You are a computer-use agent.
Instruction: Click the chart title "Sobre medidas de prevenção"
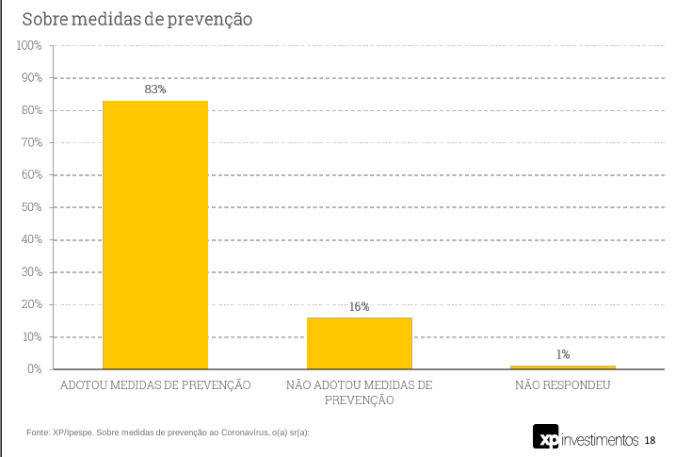pos(137,19)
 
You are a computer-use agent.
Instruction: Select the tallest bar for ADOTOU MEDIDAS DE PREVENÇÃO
pos(155,236)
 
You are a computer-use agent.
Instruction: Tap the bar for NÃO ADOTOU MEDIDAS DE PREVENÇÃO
pos(360,343)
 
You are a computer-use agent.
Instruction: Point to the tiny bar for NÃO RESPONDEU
pos(563,367)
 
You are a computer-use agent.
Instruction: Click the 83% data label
pos(155,90)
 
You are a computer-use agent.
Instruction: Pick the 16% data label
pos(360,306)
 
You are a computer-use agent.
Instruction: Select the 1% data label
pos(563,354)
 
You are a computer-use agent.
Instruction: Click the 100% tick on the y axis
pos(29,45)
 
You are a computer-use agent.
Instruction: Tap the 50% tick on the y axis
pos(31,207)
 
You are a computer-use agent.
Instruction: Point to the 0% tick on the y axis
pos(34,368)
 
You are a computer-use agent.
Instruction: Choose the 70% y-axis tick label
pos(31,142)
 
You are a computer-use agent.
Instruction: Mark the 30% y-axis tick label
pos(31,272)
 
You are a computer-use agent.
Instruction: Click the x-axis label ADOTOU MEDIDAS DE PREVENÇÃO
pos(155,385)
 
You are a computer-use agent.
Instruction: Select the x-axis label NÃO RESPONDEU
pos(563,385)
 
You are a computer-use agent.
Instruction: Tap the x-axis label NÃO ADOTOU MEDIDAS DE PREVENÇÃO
pos(360,393)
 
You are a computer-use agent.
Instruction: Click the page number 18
pos(650,440)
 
